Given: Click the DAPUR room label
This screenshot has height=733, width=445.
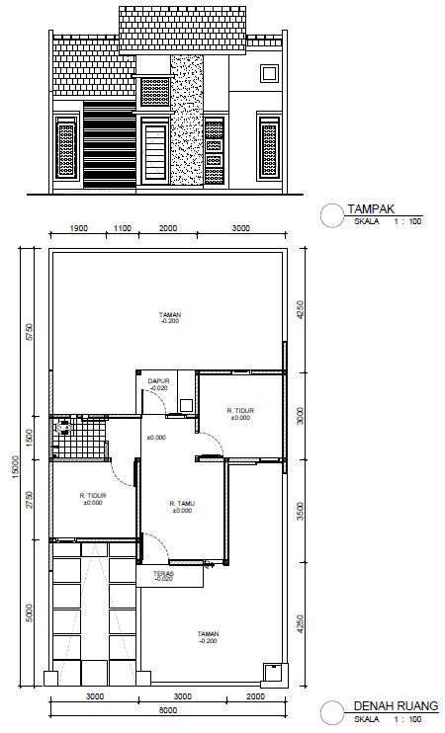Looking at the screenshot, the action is (158, 381).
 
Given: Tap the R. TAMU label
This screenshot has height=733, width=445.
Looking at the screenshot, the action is (182, 504).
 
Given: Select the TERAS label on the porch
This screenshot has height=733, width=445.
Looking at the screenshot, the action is (164, 573).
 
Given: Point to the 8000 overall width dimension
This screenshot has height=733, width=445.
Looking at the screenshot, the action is (168, 710).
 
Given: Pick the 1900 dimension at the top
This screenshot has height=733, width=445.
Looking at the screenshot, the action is (78, 228).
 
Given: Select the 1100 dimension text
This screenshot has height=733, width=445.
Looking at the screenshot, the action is (123, 228).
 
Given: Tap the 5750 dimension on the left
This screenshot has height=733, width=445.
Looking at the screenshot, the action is (30, 332).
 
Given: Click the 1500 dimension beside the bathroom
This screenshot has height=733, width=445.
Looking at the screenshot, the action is (30, 438).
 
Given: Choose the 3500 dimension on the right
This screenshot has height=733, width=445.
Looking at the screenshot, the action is (301, 512).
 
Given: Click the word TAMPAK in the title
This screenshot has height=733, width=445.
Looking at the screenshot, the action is (372, 209).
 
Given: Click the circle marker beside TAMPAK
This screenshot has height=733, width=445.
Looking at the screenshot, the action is (332, 216).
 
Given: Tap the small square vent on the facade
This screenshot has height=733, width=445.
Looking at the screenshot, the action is (269, 74).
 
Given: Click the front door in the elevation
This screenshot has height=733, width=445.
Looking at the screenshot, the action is (155, 150).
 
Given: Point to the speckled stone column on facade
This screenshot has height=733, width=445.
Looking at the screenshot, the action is (187, 120).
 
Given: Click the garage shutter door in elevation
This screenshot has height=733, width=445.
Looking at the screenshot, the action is (110, 144).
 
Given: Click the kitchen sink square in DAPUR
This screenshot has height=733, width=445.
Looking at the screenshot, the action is (186, 405).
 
